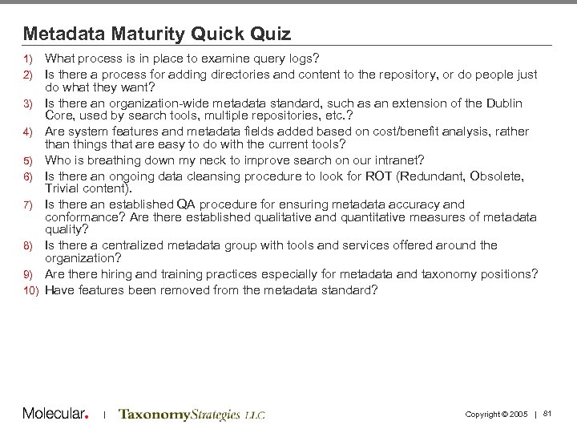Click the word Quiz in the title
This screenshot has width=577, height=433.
269,34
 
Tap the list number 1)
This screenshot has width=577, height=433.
27,59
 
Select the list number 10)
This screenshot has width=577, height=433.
30,291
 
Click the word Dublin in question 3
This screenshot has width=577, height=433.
505,103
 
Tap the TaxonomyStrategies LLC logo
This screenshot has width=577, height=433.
192,415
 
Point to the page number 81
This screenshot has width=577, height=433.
548,413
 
